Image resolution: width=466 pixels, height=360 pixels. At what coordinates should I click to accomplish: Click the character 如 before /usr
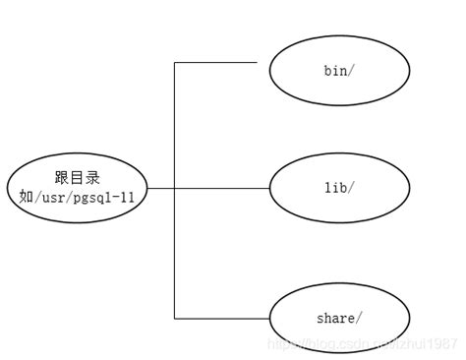click(27, 197)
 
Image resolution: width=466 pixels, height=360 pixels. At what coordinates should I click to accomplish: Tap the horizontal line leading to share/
click(221, 318)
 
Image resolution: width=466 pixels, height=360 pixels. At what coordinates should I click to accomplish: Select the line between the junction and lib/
click(221, 188)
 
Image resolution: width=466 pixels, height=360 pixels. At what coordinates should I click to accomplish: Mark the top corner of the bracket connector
click(174, 63)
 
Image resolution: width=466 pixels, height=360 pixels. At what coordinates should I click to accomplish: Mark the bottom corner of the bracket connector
click(174, 318)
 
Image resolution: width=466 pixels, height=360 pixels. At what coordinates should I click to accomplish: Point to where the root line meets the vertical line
click(174, 188)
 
